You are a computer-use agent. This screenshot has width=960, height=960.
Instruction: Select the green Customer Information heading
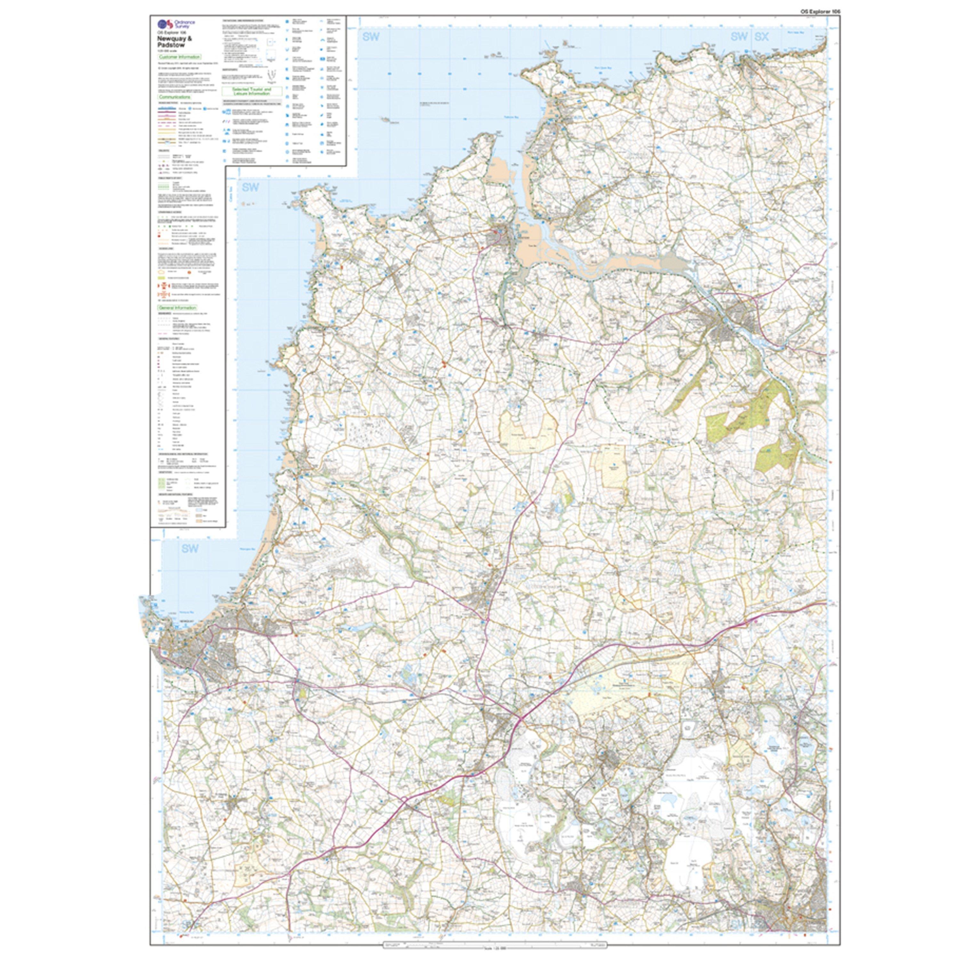[180, 57]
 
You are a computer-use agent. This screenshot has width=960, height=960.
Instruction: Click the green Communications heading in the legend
[175, 97]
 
